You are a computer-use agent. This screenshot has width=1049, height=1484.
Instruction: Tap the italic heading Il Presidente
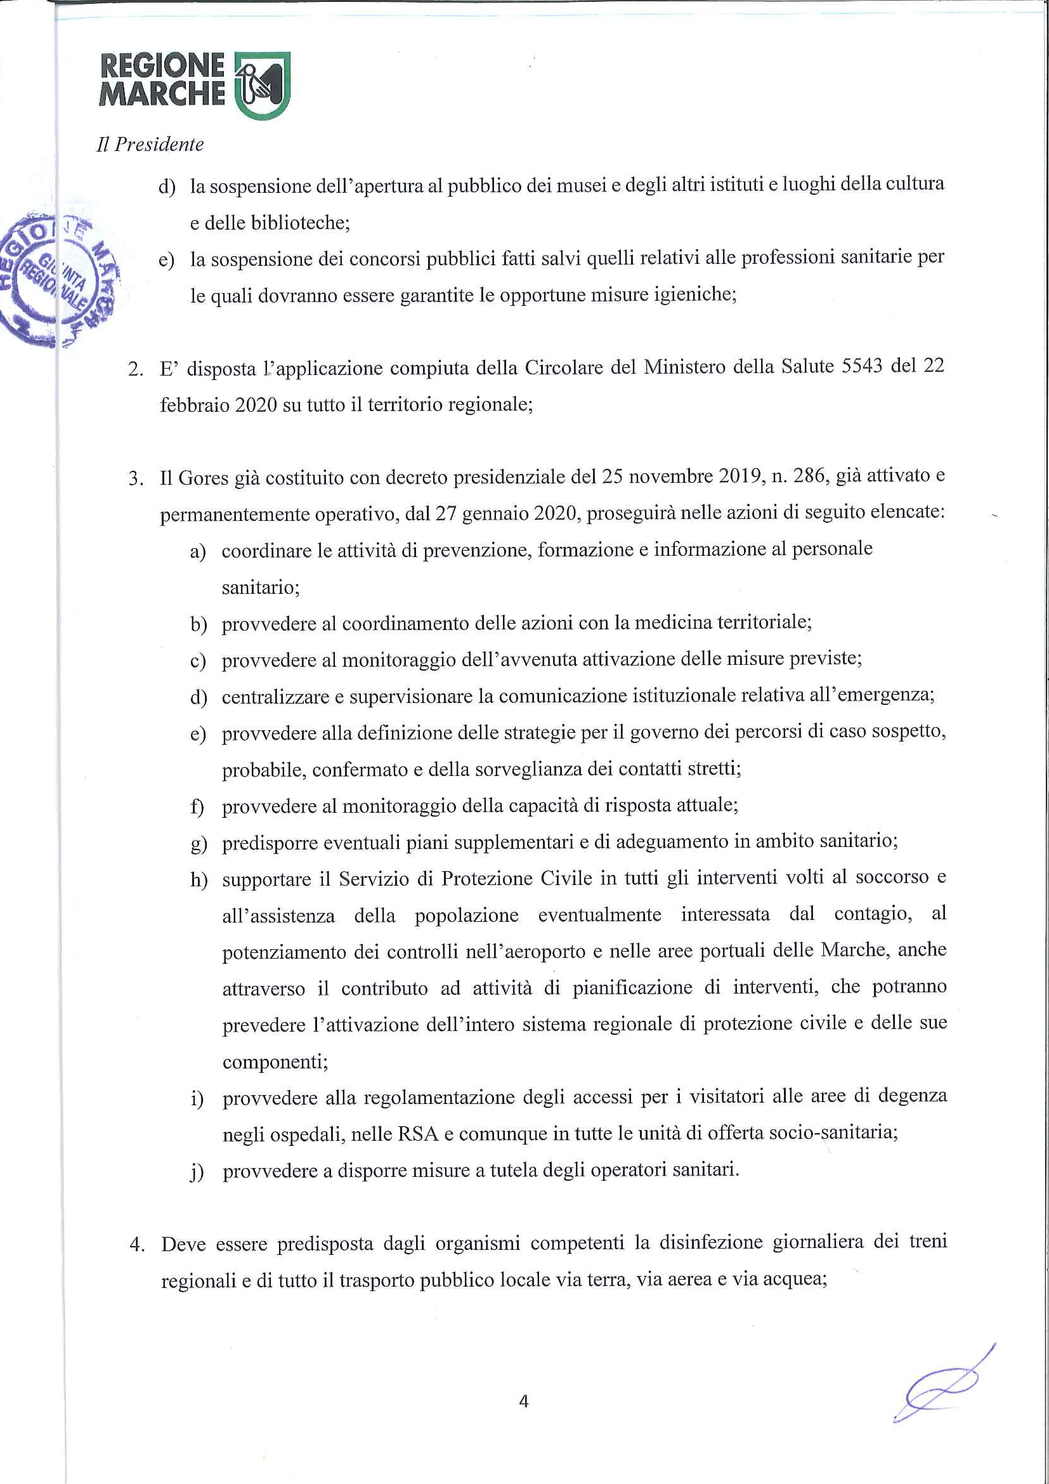pyautogui.click(x=150, y=145)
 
